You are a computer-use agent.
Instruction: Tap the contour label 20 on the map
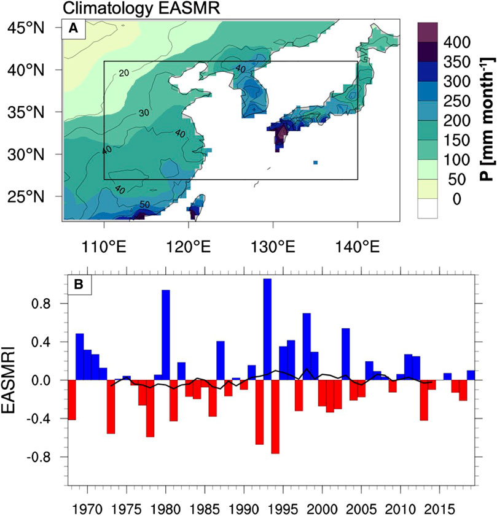[123, 73]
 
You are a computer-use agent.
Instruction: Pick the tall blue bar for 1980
[166, 335]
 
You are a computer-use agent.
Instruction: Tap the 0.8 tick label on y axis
[47, 304]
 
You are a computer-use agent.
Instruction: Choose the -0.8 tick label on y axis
[45, 457]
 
